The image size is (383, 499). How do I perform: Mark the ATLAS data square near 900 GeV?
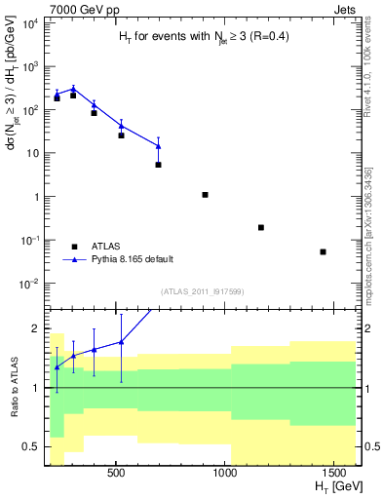[205, 195]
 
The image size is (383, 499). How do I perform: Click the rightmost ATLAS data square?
[323, 251]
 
